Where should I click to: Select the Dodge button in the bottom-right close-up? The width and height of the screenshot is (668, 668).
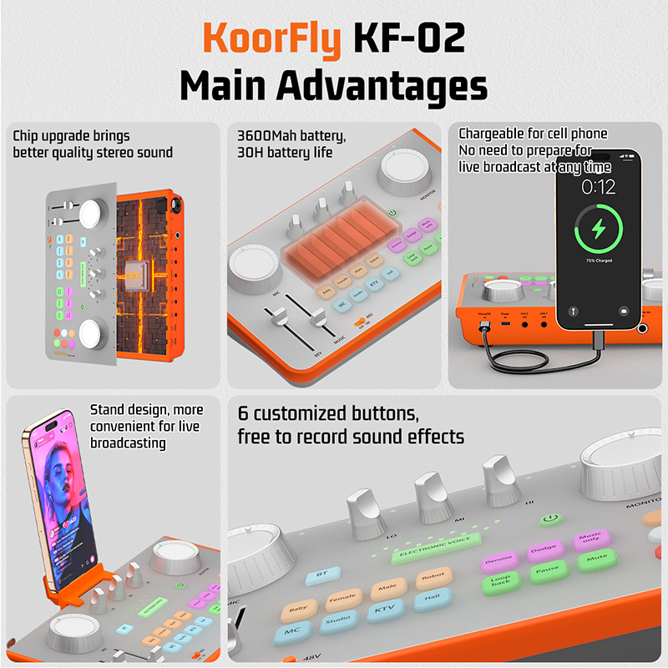(542, 550)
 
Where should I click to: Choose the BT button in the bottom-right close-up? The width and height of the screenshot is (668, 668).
(321, 575)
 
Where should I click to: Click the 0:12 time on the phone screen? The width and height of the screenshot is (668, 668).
(599, 185)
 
